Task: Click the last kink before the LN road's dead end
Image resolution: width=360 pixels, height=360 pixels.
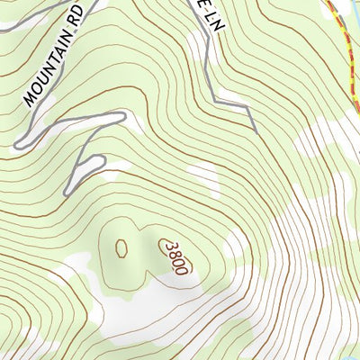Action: point(247,106)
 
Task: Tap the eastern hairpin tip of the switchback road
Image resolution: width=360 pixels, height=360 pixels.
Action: point(121,114)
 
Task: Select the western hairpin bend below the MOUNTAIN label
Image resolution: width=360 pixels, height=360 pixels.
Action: point(18,143)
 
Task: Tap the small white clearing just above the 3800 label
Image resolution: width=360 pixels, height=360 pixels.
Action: point(202,175)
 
